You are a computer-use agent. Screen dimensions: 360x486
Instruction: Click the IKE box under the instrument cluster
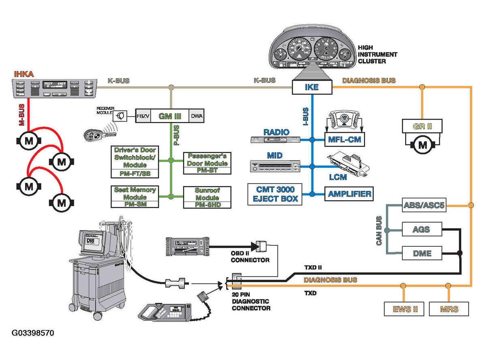pos(312,87)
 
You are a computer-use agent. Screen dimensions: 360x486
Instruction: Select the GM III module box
pos(169,116)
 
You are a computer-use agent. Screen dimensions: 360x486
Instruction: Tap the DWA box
pos(197,116)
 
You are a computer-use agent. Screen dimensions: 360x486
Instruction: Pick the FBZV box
pos(142,116)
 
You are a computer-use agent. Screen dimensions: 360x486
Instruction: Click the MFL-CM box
pos(344,140)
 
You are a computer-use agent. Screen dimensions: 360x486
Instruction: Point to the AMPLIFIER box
pos(349,193)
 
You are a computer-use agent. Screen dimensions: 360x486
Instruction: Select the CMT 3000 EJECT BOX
pos(275,194)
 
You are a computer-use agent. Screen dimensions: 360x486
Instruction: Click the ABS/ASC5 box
pos(424,206)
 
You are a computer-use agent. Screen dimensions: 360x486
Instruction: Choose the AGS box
pos(422,230)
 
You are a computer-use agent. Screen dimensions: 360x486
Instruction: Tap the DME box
pos(422,254)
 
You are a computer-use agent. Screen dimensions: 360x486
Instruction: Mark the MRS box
pos(449,309)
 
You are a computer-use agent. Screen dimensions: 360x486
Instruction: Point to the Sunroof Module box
pos(207,197)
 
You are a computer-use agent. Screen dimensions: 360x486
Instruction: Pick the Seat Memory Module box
pos(135,197)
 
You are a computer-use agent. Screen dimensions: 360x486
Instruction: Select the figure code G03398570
pos(32,333)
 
